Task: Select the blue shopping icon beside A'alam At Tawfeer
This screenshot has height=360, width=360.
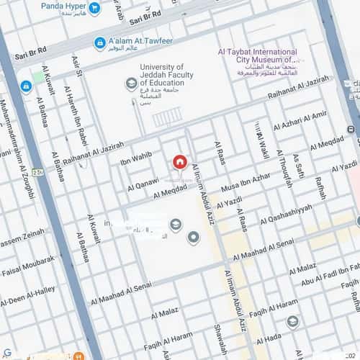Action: coord(100,44)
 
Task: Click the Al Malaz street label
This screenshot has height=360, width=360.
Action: coord(164,312)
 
